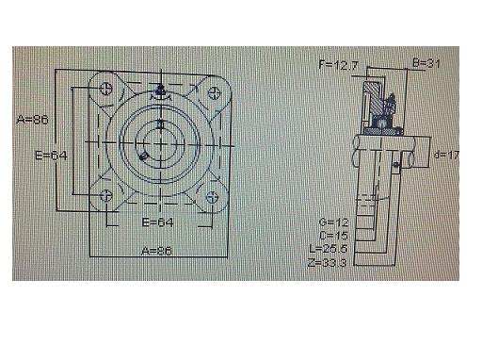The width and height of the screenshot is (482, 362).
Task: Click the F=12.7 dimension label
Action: (338, 65)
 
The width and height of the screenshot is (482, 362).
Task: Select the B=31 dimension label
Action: (426, 63)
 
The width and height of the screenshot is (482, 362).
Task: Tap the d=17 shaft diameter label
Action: (446, 155)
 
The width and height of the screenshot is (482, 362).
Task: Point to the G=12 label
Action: (333, 222)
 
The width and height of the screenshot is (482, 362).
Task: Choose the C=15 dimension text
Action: (333, 236)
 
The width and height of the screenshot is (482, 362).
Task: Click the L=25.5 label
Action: (329, 249)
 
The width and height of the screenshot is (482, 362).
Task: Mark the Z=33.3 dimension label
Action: (327, 262)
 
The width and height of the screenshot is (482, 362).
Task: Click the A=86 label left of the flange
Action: (32, 120)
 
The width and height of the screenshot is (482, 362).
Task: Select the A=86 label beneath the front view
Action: (156, 251)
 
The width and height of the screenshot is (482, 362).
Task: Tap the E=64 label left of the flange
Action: (51, 156)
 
